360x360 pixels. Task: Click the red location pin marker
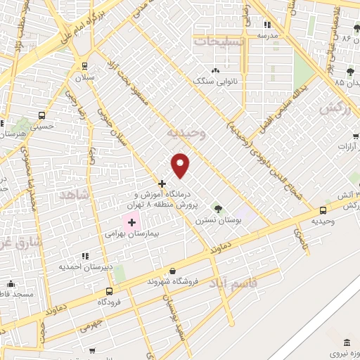(x=181, y=165)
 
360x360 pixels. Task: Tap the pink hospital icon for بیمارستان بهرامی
(x=131, y=222)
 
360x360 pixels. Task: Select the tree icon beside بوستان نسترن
(x=218, y=208)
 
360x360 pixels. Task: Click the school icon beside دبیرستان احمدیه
(x=86, y=257)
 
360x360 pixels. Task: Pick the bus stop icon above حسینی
(x=42, y=116)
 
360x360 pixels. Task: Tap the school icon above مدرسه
(x=267, y=25)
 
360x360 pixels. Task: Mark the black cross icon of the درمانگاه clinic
(x=162, y=184)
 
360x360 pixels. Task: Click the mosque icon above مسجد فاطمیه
(x=10, y=283)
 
